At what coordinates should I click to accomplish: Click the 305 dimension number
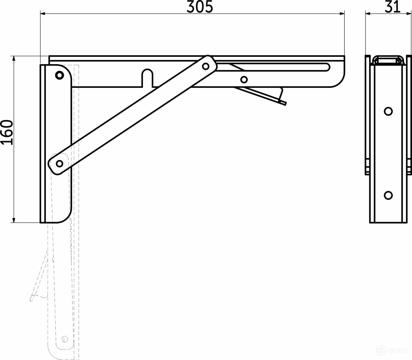click(199, 7)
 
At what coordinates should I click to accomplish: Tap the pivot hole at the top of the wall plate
click(60, 75)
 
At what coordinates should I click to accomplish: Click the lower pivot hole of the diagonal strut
click(59, 163)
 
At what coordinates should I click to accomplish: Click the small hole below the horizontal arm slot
click(244, 79)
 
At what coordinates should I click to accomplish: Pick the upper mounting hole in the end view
click(388, 111)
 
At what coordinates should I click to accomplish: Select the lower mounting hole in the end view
click(388, 196)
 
